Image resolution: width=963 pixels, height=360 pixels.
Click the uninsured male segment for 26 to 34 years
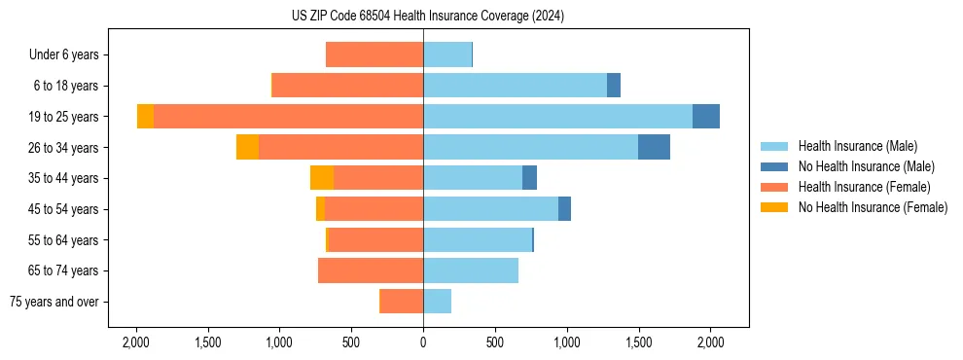pos(654,147)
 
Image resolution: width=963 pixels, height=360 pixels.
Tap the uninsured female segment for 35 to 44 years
pos(322,178)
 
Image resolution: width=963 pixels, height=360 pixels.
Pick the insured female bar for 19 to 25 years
pos(288,117)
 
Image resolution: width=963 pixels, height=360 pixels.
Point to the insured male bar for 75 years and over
pos(437,302)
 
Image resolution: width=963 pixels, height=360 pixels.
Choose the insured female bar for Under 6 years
pos(374,54)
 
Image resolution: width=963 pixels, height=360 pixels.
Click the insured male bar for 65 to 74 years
pos(471,270)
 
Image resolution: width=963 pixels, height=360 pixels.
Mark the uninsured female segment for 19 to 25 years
pos(145,117)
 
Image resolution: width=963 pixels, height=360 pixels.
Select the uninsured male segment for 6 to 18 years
pos(614,86)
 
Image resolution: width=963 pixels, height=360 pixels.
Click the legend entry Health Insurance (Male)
pos(857,146)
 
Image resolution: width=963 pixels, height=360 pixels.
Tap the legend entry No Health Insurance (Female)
pos(873,207)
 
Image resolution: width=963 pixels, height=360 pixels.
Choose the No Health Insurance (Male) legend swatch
pos(774,166)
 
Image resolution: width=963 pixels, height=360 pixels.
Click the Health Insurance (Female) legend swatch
pos(774,187)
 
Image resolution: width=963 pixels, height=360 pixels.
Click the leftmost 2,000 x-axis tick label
pos(135,342)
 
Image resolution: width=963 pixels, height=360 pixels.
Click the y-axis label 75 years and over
pos(54,302)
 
